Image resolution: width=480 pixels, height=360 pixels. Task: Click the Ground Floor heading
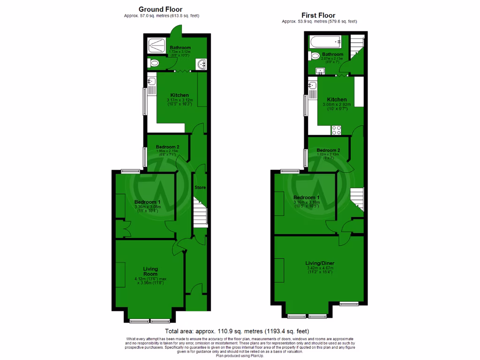[x=160, y=9]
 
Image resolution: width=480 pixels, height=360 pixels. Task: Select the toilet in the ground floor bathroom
[x=153, y=63]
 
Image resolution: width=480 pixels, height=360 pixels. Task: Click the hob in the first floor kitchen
[x=336, y=130]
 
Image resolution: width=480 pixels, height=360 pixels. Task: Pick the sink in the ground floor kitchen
[x=151, y=83]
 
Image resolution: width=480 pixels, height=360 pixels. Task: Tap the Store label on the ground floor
[x=200, y=187]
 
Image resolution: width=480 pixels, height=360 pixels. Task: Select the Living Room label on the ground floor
[x=150, y=271]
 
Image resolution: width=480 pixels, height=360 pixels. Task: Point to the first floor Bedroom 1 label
[x=307, y=197]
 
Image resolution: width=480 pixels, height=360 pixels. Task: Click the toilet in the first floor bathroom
[x=315, y=56]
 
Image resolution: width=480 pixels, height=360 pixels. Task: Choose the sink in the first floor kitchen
[x=313, y=86]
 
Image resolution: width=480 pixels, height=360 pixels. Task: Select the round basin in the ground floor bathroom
[x=201, y=64]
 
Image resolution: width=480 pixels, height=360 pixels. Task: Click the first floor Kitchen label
[x=337, y=100]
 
